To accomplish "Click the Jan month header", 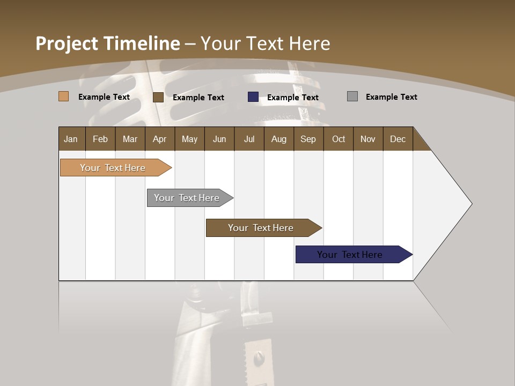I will point(71,139).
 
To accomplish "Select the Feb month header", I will point(100,139).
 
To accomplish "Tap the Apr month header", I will point(160,139).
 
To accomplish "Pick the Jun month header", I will point(219,139).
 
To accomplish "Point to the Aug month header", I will point(279,139).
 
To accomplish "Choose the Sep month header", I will point(308,139).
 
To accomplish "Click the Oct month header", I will point(339,139).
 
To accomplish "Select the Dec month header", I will point(398,139).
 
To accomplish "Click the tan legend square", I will point(64,96).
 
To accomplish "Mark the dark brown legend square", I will point(158,97).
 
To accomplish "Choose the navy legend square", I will point(253,97).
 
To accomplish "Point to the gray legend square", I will point(352,96).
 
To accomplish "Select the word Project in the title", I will point(67,43).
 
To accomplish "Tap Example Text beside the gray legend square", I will point(391,97).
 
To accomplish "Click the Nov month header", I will point(368,139).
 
